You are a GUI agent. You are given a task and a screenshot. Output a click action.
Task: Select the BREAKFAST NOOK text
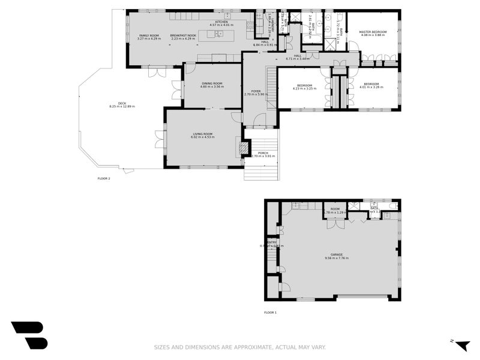click(x=183, y=35)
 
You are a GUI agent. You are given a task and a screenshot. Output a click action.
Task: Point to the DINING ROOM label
click(x=211, y=83)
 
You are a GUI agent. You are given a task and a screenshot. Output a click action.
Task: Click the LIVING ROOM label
click(x=203, y=134)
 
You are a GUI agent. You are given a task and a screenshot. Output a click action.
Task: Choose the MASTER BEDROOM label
click(x=373, y=32)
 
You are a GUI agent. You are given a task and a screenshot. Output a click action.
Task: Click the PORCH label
click(x=263, y=153)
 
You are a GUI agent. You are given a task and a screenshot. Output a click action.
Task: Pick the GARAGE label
click(x=337, y=254)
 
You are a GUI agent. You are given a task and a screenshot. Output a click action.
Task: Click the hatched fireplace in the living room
click(x=242, y=148)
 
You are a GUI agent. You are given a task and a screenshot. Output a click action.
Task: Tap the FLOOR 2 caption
click(x=104, y=178)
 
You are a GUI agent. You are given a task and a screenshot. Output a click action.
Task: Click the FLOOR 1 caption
click(x=271, y=313)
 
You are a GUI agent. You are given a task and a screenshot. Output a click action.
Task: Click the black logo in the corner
click(x=29, y=335)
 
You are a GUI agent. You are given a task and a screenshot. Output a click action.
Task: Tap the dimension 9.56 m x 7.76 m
click(x=337, y=258)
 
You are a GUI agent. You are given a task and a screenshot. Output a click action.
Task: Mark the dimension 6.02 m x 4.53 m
click(x=203, y=137)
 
